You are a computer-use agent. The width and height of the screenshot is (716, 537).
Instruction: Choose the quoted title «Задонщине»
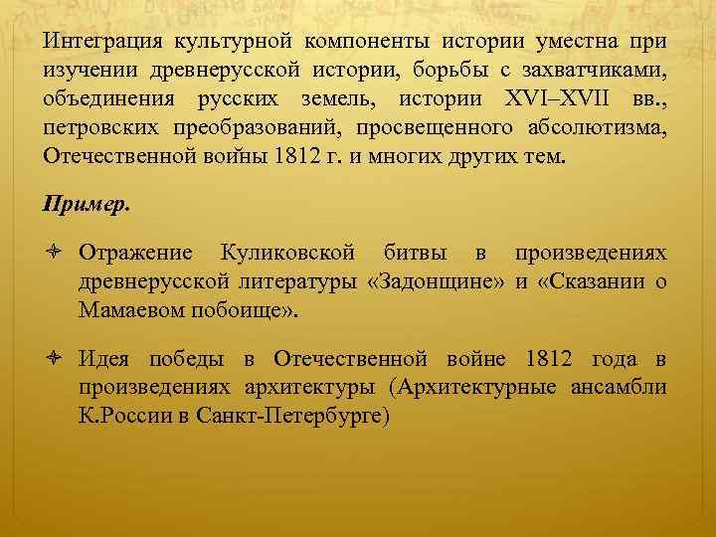438,282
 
